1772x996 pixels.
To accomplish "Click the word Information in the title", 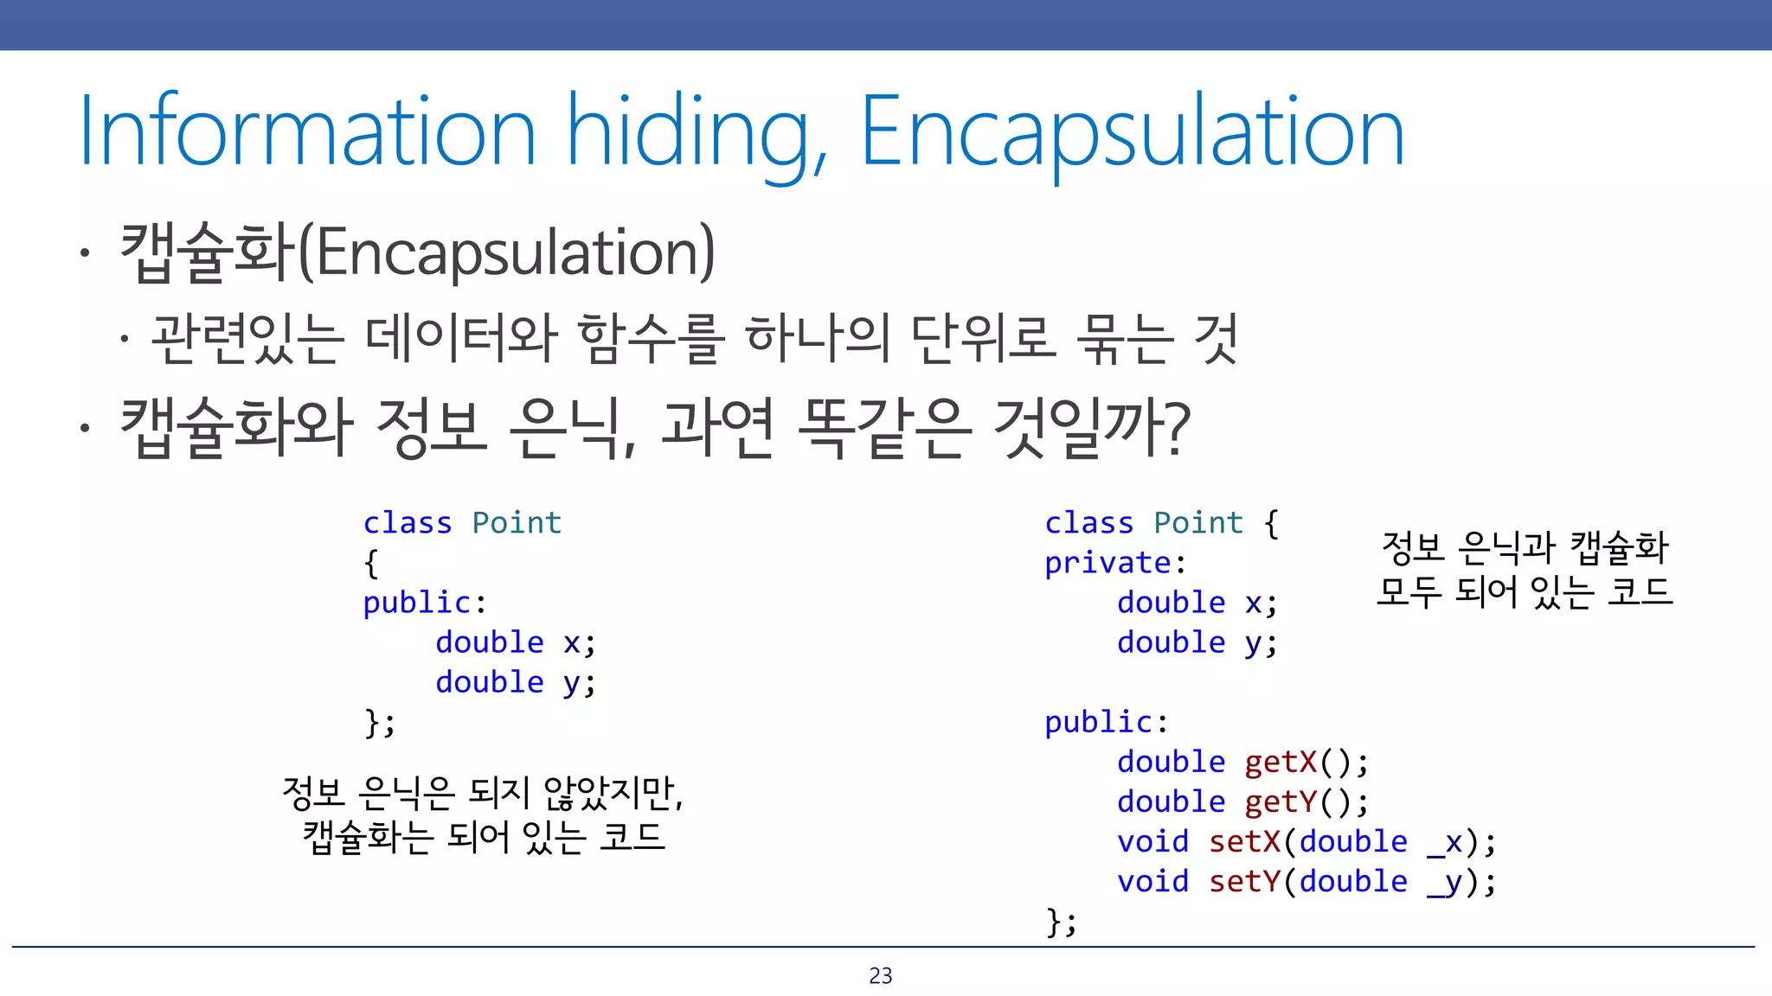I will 307,132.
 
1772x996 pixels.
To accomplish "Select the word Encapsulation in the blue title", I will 1132,132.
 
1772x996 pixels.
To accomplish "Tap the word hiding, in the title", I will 697,134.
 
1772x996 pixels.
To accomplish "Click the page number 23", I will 881,976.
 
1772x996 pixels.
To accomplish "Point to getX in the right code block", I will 1281,762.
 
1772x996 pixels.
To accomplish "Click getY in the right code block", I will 1281,801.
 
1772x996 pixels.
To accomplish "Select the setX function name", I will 1244,841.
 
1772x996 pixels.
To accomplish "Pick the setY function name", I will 1244,881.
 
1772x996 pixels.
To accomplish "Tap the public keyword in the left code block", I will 416,603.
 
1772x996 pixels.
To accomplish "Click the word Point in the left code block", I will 517,523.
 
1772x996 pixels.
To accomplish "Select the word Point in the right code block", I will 1198,523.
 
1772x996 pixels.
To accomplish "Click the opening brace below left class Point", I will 371,564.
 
